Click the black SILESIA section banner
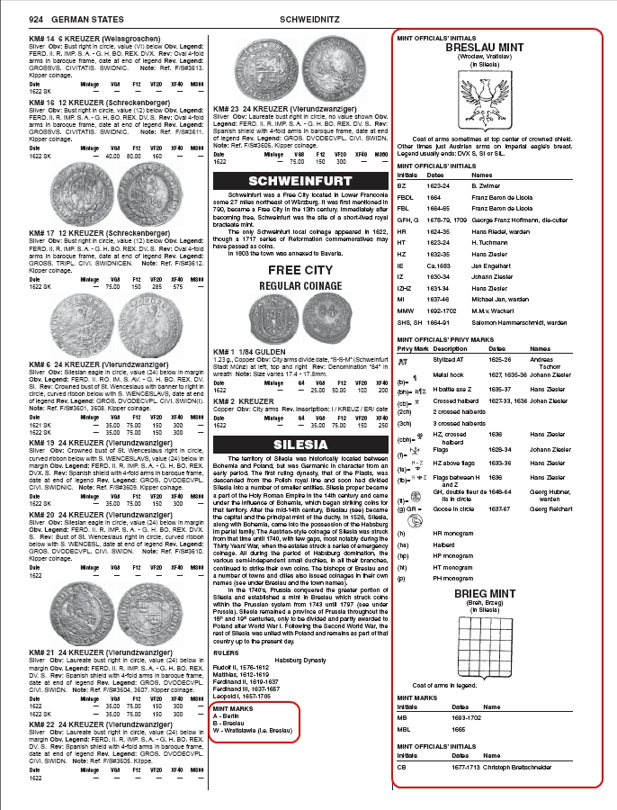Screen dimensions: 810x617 click(300, 445)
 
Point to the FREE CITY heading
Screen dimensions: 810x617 click(300, 269)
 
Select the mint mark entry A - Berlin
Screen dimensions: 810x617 click(228, 716)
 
